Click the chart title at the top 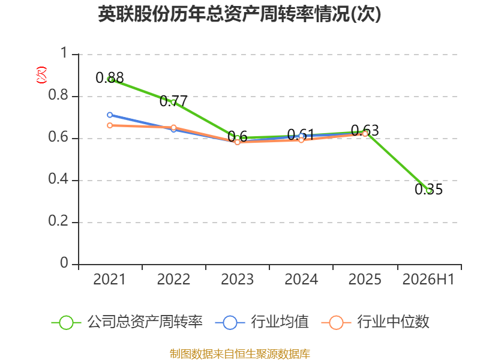(239, 14)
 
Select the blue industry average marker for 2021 (110, 115)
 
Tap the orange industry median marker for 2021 (110, 125)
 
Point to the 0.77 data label (173, 101)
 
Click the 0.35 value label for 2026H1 (428, 189)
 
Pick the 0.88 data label (110, 78)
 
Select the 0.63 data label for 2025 (365, 131)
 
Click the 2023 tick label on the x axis (237, 280)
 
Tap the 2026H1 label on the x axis (428, 280)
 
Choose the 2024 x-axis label (301, 280)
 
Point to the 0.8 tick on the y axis (58, 95)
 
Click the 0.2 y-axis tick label (58, 221)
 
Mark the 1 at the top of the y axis (64, 53)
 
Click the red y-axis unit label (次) (41, 75)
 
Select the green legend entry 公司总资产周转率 (127, 322)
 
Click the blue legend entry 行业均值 (262, 322)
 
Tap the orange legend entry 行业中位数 (376, 322)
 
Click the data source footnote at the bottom (240, 354)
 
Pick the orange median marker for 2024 (301, 140)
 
